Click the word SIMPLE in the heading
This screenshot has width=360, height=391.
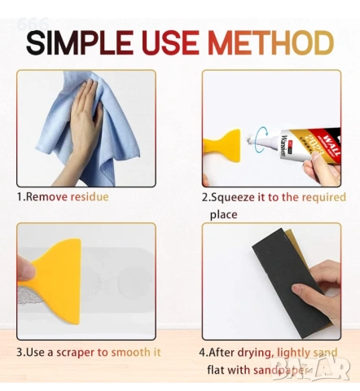point(80,43)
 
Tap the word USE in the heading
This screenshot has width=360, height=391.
point(170,43)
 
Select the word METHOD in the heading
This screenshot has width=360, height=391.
point(271,43)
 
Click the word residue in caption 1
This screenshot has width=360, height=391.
point(90,196)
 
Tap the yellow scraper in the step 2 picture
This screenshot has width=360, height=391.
point(222,146)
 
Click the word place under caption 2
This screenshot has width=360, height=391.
point(223,215)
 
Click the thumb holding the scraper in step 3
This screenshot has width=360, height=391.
point(25,270)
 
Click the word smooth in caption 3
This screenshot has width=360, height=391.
point(130,352)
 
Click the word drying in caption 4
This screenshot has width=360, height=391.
point(255,353)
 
